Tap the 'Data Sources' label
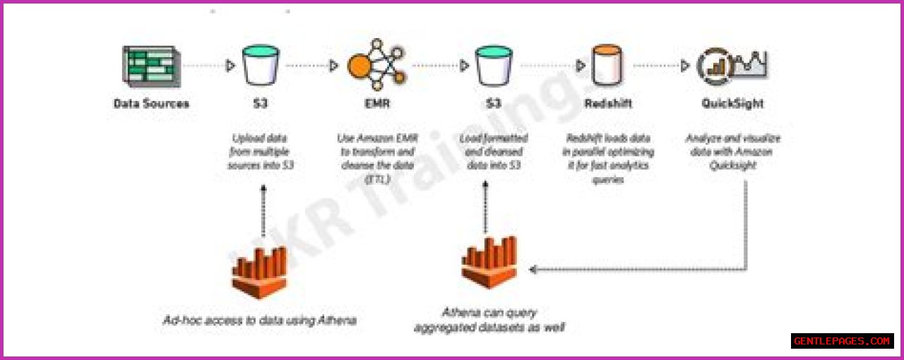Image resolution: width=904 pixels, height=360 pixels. pyautogui.click(x=151, y=103)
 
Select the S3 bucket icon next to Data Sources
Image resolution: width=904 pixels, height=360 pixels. pyautogui.click(x=261, y=66)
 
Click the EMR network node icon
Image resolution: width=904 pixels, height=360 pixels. pyautogui.click(x=376, y=66)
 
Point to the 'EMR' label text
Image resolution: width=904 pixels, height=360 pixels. pyautogui.click(x=376, y=103)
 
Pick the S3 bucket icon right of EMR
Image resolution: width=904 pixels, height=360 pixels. pyautogui.click(x=494, y=66)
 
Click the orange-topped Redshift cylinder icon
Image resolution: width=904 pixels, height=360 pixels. pyautogui.click(x=608, y=66)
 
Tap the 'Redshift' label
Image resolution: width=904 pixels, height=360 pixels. pyautogui.click(x=608, y=103)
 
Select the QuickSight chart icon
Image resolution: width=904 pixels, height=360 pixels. pyautogui.click(x=732, y=66)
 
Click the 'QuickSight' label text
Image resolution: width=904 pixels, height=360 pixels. pyautogui.click(x=732, y=103)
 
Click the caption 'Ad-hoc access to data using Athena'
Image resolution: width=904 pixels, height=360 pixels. pyautogui.click(x=258, y=320)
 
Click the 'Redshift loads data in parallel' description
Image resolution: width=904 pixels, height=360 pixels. pyautogui.click(x=608, y=159)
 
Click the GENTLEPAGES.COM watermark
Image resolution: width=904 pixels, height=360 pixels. pyautogui.click(x=842, y=341)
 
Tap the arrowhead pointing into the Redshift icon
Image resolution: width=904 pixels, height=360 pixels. pyautogui.click(x=581, y=66)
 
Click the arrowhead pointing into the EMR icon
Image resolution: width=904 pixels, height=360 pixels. pyautogui.click(x=333, y=66)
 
